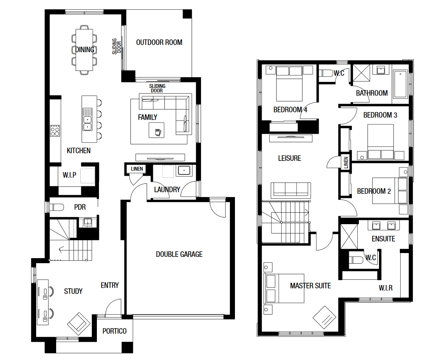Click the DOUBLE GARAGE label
179,254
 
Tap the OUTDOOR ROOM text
159,42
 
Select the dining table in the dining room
84,50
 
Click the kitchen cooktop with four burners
55,131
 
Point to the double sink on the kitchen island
88,119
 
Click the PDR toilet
57,208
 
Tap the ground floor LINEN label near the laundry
137,169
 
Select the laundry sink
184,170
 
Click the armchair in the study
79,323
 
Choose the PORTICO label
114,331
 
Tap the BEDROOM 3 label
380,115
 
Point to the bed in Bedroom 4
289,84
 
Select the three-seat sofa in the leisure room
291,191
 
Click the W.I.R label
386,288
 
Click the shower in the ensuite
349,237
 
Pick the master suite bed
284,288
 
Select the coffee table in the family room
157,130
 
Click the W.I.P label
70,175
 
